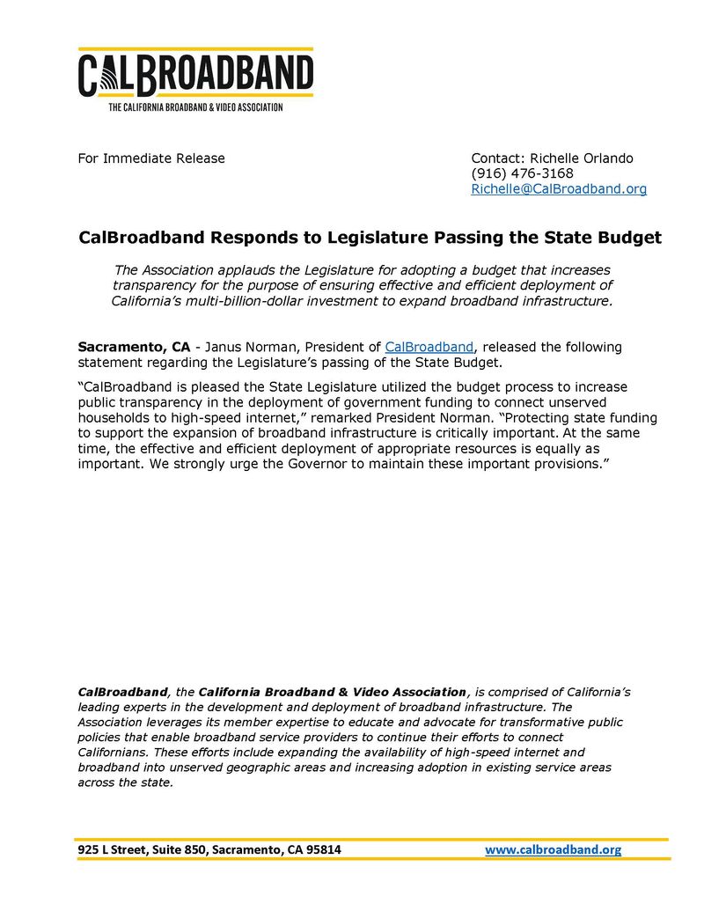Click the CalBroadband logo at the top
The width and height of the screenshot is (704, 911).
pyautogui.click(x=195, y=74)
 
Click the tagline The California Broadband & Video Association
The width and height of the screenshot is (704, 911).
pyautogui.click(x=195, y=107)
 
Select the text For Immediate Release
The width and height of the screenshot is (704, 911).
pyautogui.click(x=151, y=158)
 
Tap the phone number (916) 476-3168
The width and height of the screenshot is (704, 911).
pyautogui.click(x=522, y=173)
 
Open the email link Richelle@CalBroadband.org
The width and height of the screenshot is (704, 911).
pyautogui.click(x=559, y=189)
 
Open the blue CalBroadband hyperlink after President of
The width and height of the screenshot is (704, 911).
pyautogui.click(x=429, y=347)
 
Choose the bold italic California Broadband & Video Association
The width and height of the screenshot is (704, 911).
pyautogui.click(x=334, y=692)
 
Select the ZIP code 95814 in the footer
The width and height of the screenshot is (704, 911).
pyautogui.click(x=321, y=849)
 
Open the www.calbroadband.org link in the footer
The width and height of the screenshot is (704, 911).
pyautogui.click(x=554, y=849)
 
